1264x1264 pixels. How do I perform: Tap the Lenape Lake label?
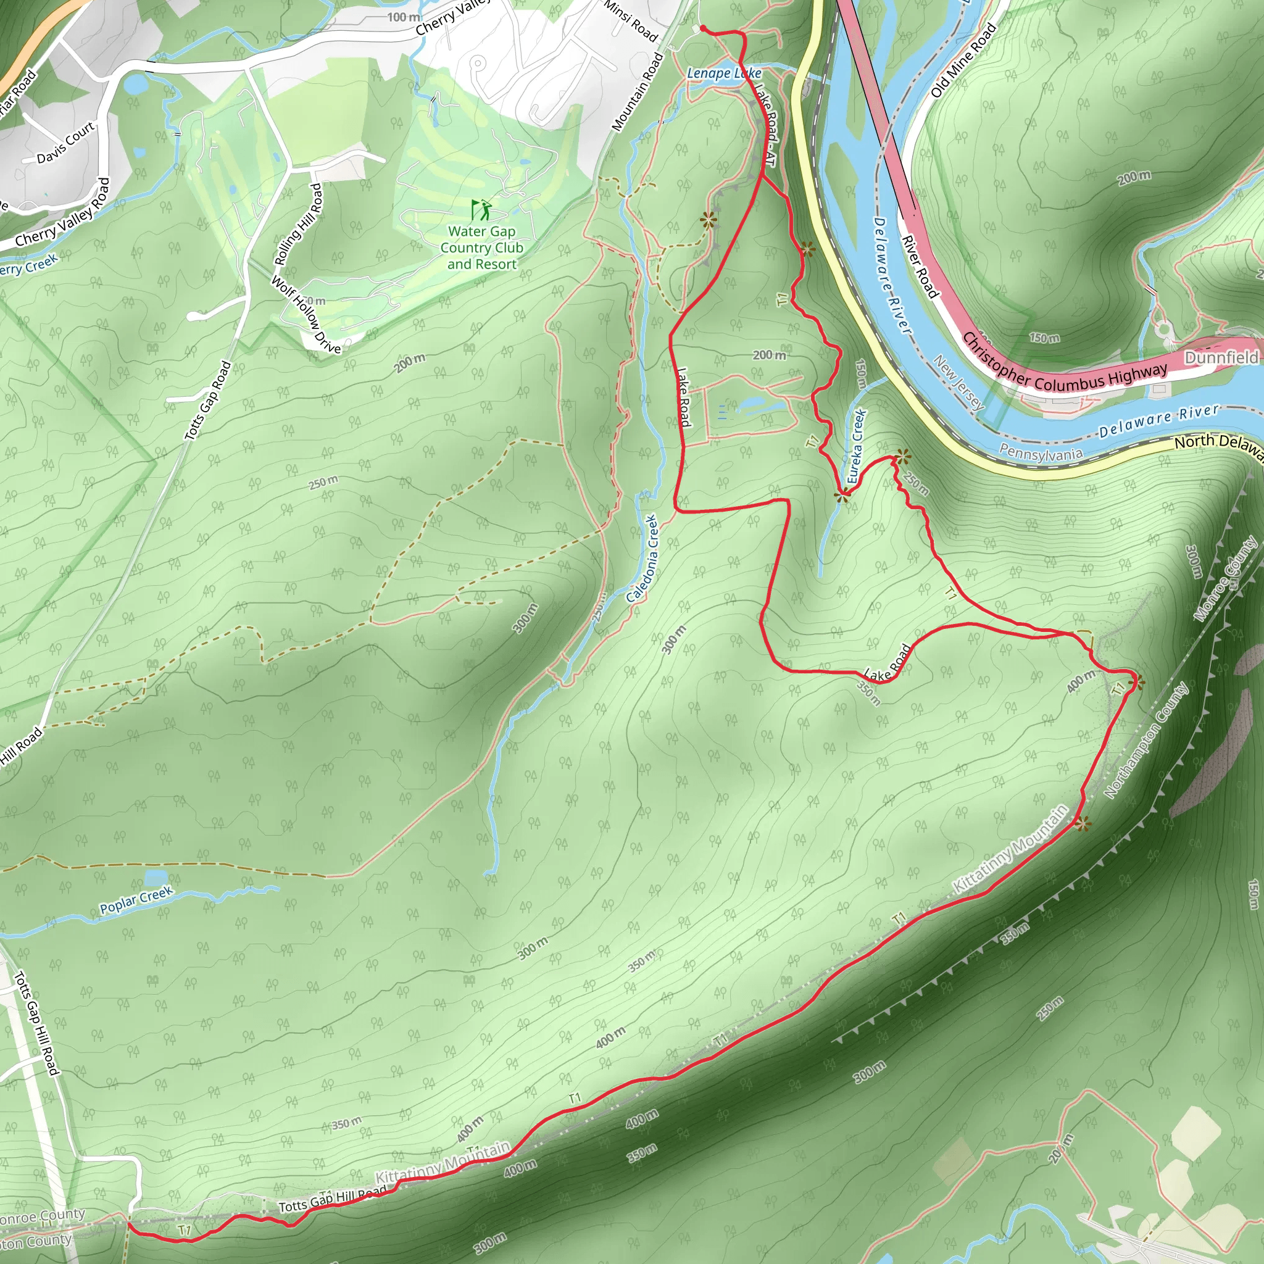pos(723,73)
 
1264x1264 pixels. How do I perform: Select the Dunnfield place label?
pos(1221,357)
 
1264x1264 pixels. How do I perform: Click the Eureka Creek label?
pos(857,446)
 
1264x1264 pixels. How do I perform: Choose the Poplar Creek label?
pos(136,900)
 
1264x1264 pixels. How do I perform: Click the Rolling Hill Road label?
pos(299,225)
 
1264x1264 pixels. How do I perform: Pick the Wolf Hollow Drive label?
pos(306,315)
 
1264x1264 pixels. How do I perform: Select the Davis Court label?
pos(65,143)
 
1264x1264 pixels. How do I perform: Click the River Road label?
pos(920,266)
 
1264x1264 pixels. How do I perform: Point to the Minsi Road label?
pos(631,21)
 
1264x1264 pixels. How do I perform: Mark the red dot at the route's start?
pos(702,29)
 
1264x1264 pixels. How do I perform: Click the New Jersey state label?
pos(958,383)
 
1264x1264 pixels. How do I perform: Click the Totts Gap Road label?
pos(208,401)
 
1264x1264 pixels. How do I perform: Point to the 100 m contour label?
pos(404,17)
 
